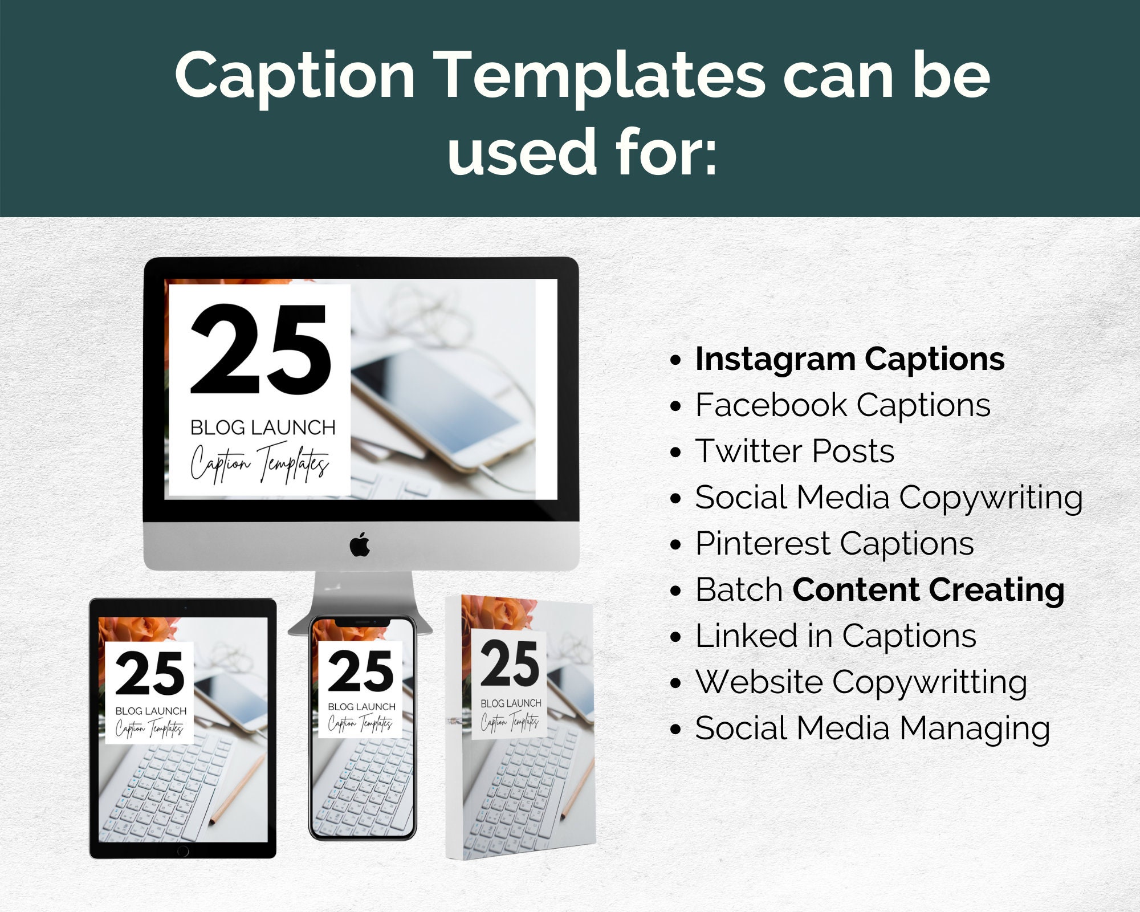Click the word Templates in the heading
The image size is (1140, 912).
click(x=602, y=77)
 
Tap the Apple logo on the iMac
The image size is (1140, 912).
click(x=360, y=545)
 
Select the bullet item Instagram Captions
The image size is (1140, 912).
click(x=849, y=360)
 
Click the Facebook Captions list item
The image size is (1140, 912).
click(x=842, y=405)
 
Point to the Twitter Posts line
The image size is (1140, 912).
click(x=795, y=451)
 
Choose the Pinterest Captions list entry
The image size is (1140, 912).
click(x=834, y=543)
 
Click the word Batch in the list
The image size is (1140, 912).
click(x=739, y=589)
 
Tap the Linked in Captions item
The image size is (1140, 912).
click(x=836, y=636)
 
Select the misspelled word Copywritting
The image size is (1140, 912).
click(x=929, y=682)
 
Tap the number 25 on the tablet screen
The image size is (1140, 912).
click(x=150, y=674)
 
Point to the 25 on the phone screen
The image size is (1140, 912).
click(x=361, y=671)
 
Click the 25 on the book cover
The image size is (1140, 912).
click(x=509, y=663)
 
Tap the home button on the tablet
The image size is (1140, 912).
click(x=183, y=851)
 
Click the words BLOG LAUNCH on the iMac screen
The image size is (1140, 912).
click(x=263, y=427)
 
